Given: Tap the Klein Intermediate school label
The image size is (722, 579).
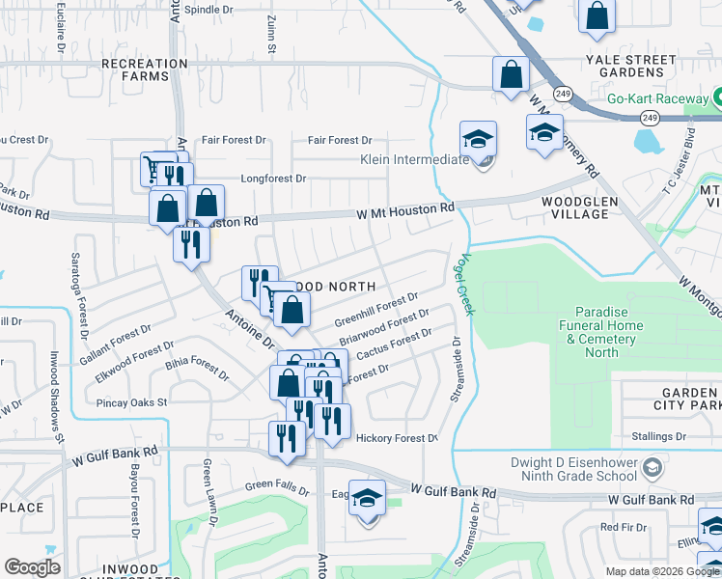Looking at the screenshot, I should pyautogui.click(x=414, y=160).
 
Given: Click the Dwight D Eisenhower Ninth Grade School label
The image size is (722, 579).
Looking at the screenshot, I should pyautogui.click(x=577, y=469).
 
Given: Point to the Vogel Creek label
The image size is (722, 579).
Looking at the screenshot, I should pyautogui.click(x=468, y=284).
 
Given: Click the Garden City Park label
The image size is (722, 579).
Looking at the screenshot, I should pyautogui.click(x=687, y=400).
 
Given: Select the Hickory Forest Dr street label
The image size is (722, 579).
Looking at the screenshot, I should pyautogui.click(x=397, y=438).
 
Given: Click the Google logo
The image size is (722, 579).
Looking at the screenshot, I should pyautogui.click(x=32, y=567).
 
